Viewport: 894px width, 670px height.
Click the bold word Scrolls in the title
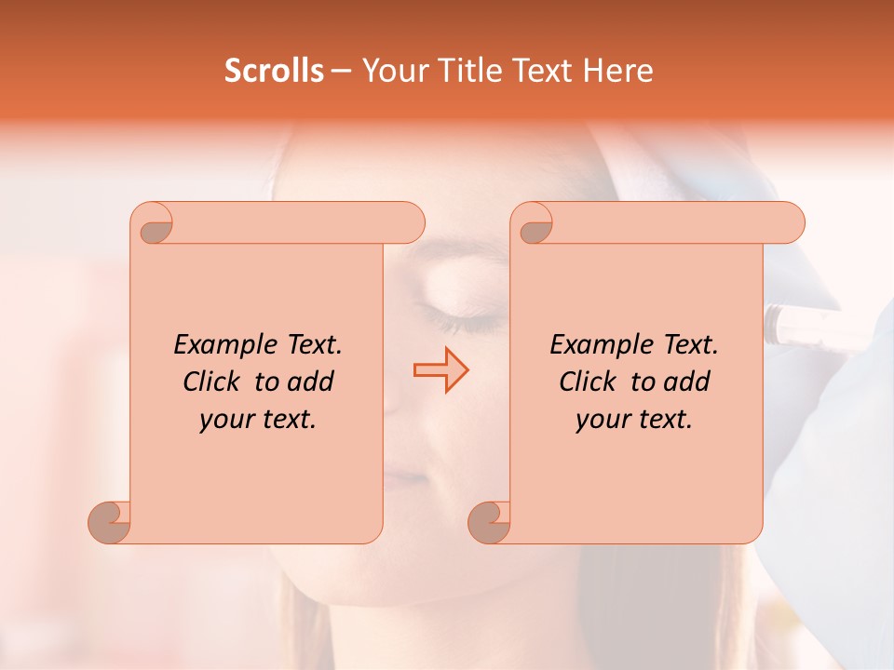[x=274, y=71]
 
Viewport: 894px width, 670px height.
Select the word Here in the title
[x=618, y=71]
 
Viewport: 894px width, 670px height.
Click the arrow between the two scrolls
[x=440, y=369]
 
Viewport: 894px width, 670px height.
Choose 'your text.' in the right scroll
[x=634, y=419]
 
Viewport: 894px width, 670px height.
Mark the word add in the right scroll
[x=687, y=382]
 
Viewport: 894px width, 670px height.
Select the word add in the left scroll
[x=311, y=382]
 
